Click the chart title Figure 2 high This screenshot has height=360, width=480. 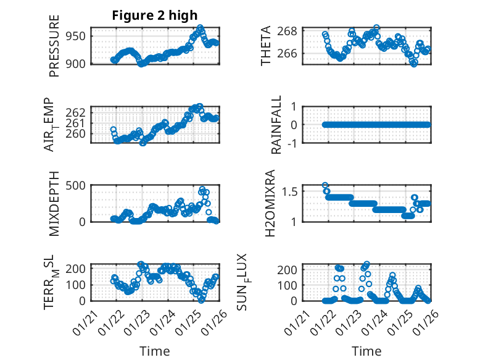(155, 16)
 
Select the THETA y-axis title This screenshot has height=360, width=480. (266, 46)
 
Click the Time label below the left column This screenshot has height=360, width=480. (154, 351)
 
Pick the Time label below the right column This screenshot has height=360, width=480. (366, 351)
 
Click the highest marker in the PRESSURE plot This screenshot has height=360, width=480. (201, 28)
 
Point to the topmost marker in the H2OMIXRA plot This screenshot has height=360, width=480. (325, 185)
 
